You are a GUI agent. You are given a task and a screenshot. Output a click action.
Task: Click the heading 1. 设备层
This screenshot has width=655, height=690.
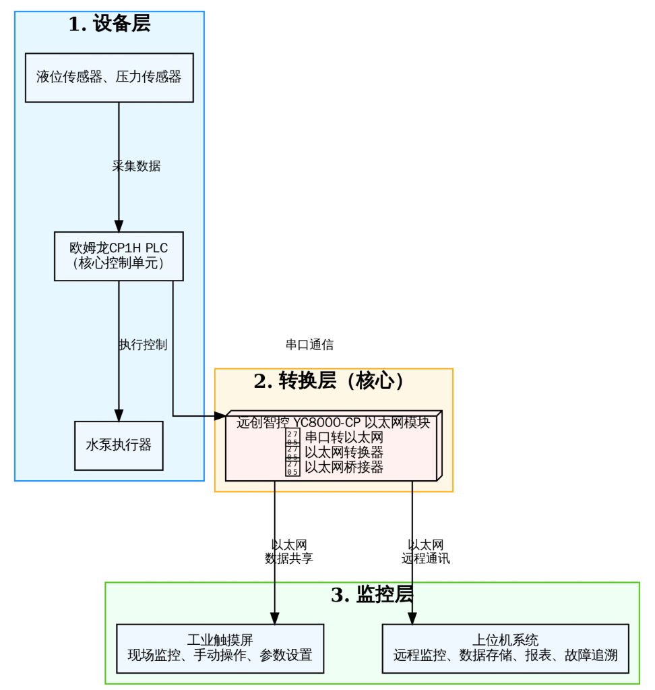click(x=109, y=24)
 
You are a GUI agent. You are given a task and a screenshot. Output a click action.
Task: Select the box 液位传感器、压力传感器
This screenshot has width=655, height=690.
click(x=109, y=77)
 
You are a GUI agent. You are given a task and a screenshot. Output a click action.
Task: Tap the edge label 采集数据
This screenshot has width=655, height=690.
click(x=136, y=166)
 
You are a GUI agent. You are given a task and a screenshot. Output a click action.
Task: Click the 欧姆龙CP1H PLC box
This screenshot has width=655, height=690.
click(x=119, y=256)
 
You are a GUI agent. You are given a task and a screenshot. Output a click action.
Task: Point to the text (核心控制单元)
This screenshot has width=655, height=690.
click(x=119, y=264)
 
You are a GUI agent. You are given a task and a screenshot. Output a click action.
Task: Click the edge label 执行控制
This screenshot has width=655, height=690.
click(x=143, y=344)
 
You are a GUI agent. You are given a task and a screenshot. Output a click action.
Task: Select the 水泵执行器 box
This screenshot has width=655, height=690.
click(x=119, y=445)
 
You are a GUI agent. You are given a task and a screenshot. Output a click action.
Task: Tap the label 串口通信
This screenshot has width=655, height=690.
click(x=309, y=345)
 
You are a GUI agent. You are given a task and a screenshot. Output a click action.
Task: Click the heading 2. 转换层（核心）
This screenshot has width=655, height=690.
click(x=333, y=381)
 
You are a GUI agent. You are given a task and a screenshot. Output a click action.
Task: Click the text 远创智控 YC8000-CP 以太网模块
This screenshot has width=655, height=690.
click(x=333, y=423)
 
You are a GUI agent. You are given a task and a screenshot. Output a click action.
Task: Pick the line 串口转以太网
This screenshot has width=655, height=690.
click(x=344, y=437)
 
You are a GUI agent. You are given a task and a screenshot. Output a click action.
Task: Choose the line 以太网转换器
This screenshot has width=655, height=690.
click(x=344, y=452)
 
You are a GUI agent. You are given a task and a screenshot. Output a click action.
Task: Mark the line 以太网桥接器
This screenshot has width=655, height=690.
click(x=344, y=467)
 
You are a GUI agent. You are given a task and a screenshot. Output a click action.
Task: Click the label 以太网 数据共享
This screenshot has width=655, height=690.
click(x=289, y=551)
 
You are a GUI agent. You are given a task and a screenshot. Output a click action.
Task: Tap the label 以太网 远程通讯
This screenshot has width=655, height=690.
click(x=426, y=551)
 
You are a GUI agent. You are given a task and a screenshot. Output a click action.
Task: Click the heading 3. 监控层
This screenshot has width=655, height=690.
click(x=372, y=595)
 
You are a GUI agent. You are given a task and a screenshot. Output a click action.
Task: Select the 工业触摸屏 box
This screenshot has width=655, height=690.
click(x=220, y=648)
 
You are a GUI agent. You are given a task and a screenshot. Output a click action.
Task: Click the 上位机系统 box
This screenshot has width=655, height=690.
click(x=505, y=648)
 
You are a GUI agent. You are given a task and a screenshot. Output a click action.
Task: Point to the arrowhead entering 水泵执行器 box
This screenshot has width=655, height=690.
click(x=119, y=415)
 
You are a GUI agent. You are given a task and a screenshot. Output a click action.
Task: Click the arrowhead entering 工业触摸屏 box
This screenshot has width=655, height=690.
click(x=275, y=619)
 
